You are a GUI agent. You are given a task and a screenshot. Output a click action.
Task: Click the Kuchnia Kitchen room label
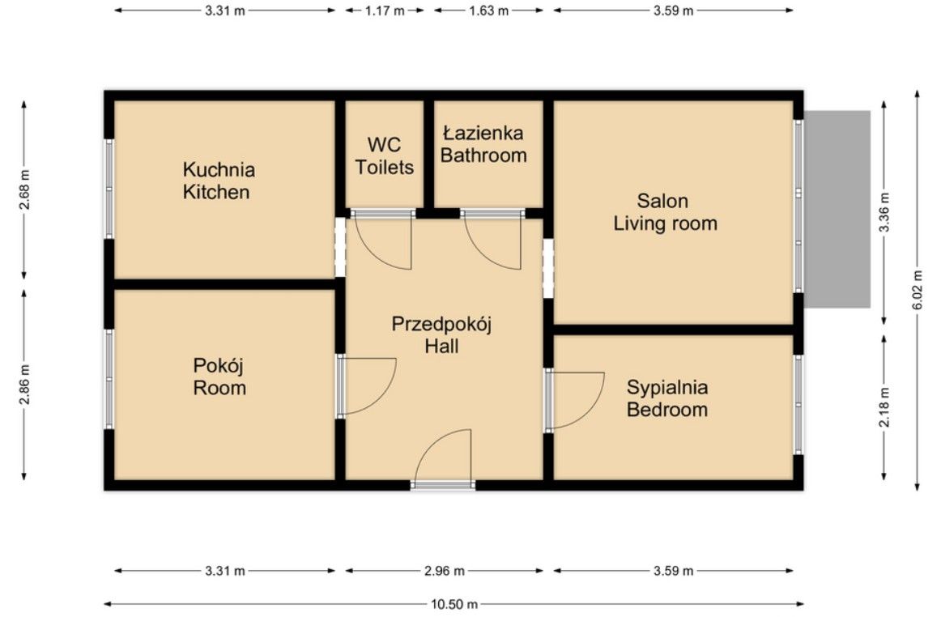pos(219,181)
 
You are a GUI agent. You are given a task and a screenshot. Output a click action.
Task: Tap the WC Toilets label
pos(384,156)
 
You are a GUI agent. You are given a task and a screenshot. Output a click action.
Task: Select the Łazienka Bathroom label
pos(483,144)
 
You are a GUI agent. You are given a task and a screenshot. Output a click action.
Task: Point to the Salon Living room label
pos(665,212)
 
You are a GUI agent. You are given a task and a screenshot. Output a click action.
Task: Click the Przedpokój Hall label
pos(441,335)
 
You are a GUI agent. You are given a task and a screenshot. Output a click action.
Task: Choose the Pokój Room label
pos(219,377)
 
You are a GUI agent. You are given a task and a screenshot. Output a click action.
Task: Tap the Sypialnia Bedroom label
pos(667,398)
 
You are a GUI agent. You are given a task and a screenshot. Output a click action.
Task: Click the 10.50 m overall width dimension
pos(454,604)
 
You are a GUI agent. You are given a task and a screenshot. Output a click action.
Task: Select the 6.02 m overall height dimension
pos(917,291)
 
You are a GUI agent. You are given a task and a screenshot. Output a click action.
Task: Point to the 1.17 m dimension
pos(385,11)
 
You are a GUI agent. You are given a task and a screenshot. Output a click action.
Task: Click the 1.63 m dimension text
pos(488,11)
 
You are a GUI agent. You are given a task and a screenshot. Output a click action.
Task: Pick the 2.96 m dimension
pos(445,571)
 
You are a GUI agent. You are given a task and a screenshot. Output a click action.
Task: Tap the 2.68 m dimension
pos(24,189)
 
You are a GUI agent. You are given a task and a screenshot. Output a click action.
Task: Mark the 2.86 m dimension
pos(24,385)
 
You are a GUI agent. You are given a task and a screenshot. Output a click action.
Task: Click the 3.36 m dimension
pos(884,212)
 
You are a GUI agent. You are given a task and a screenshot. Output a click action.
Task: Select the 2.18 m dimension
pos(884,407)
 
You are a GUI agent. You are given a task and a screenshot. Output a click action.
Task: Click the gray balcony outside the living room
pos(837,210)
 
